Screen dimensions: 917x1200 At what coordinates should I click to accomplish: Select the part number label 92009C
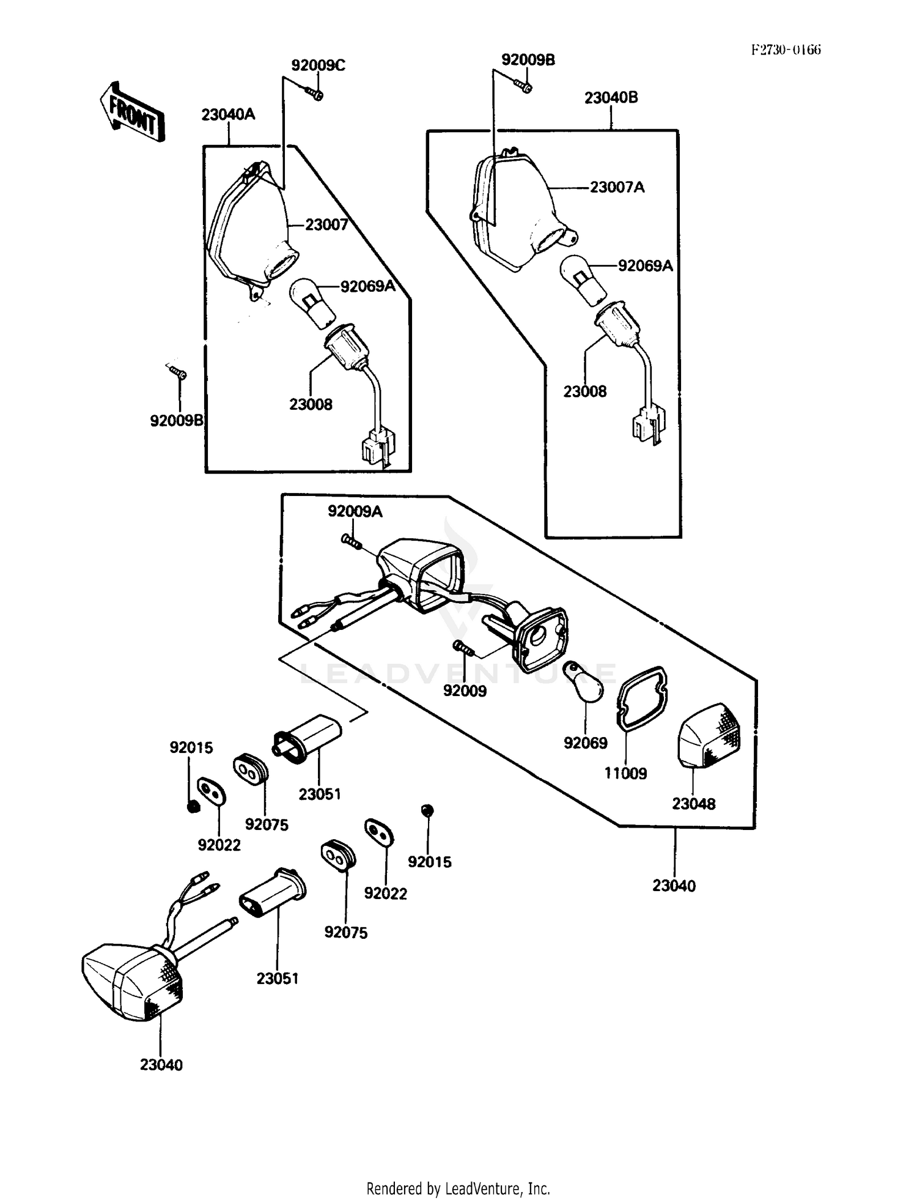[x=318, y=65]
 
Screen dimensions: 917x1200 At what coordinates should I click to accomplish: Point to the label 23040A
[x=228, y=114]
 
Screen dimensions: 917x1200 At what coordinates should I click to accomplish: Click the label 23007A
[x=617, y=187]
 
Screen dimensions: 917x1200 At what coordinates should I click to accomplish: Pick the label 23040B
[x=611, y=98]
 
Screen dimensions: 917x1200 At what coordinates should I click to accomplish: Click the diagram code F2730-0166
[x=786, y=50]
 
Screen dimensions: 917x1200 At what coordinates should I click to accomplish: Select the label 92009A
[x=355, y=511]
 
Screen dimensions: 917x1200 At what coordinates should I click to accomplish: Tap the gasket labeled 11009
[x=641, y=698]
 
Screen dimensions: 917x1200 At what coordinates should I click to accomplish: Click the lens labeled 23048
[x=709, y=736]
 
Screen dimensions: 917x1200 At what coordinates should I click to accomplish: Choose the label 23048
[x=694, y=804]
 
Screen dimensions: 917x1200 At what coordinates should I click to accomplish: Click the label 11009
[x=625, y=773]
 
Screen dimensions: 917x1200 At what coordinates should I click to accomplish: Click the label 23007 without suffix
[x=327, y=225]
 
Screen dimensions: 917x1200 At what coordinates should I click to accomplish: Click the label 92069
[x=586, y=743]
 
